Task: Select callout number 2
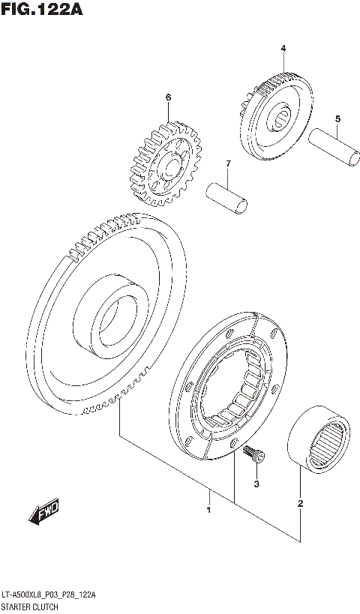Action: [x=300, y=503]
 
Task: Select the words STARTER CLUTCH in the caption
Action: [x=30, y=606]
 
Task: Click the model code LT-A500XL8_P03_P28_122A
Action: [x=48, y=595]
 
